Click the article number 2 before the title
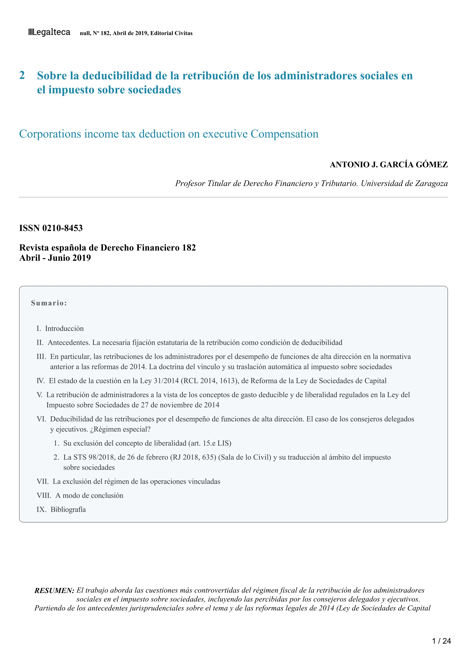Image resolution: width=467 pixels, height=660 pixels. (x=22, y=75)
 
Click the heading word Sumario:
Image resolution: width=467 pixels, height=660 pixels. (x=49, y=303)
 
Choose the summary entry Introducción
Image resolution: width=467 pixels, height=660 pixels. (x=64, y=328)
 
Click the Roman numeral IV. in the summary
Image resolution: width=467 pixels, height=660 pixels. (x=41, y=381)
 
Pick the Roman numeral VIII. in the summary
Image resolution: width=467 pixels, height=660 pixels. (x=44, y=496)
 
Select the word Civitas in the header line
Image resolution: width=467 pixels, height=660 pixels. (x=183, y=33)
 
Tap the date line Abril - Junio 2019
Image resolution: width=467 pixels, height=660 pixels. (x=55, y=258)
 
